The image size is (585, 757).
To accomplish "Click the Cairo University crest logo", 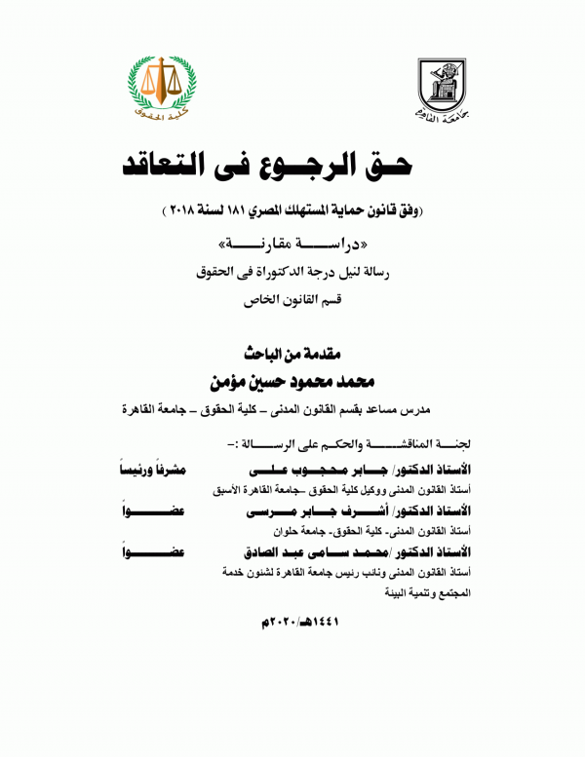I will tap(445, 88).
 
